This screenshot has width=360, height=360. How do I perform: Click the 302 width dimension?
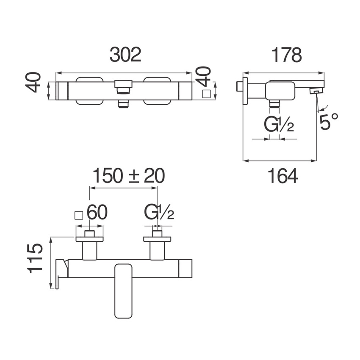(125, 55)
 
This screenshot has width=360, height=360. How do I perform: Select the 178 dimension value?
(286, 55)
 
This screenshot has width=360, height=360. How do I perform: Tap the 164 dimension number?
(282, 176)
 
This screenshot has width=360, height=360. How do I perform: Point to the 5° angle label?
(329, 122)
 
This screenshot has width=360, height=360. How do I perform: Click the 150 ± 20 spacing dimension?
(128, 176)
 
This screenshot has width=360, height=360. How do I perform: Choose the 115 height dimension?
(36, 258)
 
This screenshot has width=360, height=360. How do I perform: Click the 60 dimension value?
(97, 213)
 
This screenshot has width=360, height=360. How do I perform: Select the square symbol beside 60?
(78, 215)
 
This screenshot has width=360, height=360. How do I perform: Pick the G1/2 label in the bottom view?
(159, 213)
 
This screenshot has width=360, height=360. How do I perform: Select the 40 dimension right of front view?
(204, 76)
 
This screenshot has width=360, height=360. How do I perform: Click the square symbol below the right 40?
(206, 94)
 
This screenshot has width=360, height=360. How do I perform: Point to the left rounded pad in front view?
(89, 90)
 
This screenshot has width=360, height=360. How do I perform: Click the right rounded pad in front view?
(157, 90)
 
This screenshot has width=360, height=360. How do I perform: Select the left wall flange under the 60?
(89, 239)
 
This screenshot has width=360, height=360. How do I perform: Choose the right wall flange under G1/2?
(157, 239)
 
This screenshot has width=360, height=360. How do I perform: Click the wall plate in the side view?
(245, 90)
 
